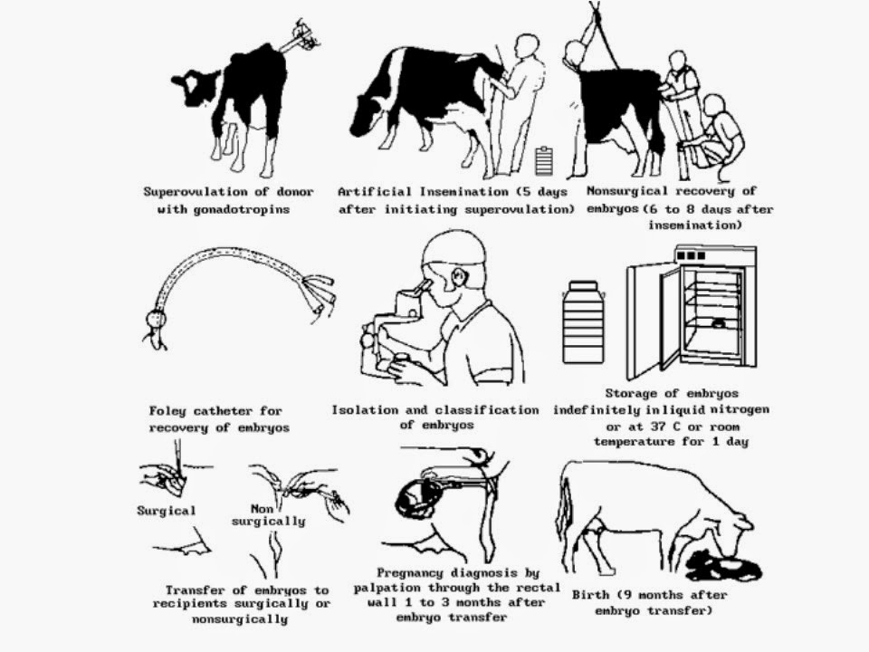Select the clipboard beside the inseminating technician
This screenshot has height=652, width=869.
(x=544, y=160)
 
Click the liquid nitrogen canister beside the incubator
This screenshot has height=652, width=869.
(x=584, y=321)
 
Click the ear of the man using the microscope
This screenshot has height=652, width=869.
(x=460, y=277)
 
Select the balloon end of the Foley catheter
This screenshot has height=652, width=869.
(x=156, y=319)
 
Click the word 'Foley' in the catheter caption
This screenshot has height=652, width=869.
(x=167, y=411)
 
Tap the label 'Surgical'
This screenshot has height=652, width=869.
(x=167, y=511)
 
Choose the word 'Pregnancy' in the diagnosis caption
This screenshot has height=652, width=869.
(x=409, y=573)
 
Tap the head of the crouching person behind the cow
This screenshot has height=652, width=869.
(x=714, y=105)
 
